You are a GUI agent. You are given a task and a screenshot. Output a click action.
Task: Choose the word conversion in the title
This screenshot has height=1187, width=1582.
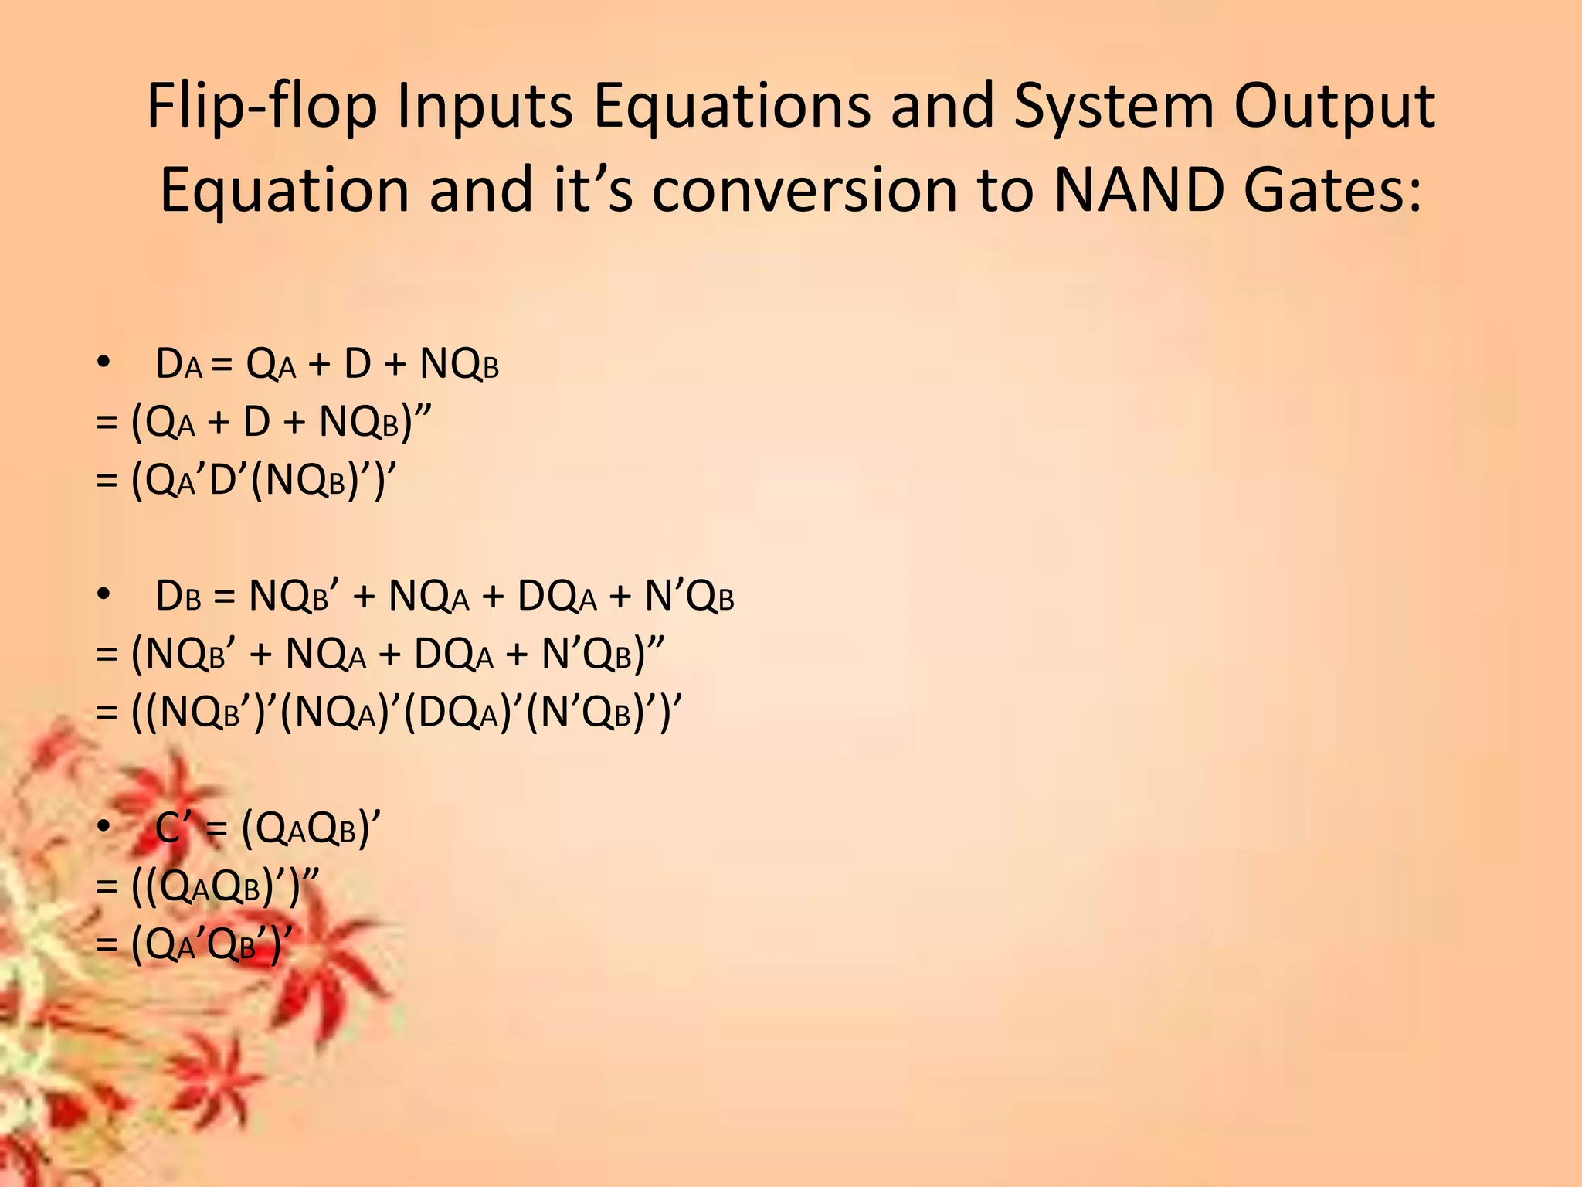(804, 190)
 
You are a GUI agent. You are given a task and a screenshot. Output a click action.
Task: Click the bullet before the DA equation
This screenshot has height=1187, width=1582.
(104, 362)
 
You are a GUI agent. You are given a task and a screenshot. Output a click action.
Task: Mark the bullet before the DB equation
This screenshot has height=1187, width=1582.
(104, 595)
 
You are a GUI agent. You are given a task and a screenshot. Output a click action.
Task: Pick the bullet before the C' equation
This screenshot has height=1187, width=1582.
(104, 828)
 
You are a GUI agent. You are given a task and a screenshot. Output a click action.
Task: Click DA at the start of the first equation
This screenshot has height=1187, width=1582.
(178, 364)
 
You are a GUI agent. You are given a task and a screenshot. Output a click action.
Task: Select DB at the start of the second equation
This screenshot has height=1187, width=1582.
(178, 597)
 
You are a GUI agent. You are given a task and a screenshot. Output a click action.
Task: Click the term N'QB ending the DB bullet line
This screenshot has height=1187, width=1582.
(689, 597)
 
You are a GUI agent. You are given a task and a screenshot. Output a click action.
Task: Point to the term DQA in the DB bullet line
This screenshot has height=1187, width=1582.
(557, 597)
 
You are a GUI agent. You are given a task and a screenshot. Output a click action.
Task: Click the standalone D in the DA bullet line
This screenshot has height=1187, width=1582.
(358, 364)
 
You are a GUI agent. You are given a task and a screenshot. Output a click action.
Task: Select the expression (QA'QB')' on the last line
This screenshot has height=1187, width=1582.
(212, 944)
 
